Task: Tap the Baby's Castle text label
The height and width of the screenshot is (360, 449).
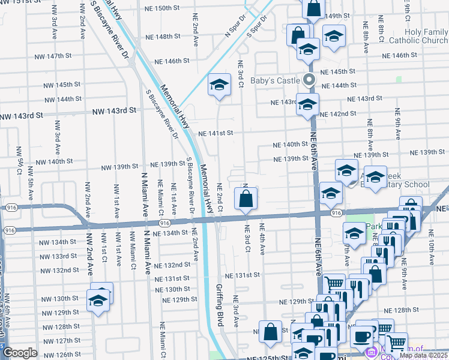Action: point(274,80)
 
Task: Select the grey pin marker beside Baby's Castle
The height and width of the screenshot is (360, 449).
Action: point(309,80)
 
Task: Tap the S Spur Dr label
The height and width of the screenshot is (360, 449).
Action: point(256,28)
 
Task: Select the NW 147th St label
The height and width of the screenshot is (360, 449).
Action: point(52,56)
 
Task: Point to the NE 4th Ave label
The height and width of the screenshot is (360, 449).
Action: point(262,239)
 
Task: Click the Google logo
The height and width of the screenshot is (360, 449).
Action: point(20,353)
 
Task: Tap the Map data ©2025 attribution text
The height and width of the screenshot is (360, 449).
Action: point(423,355)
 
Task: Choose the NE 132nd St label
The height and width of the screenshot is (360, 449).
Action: point(172,265)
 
